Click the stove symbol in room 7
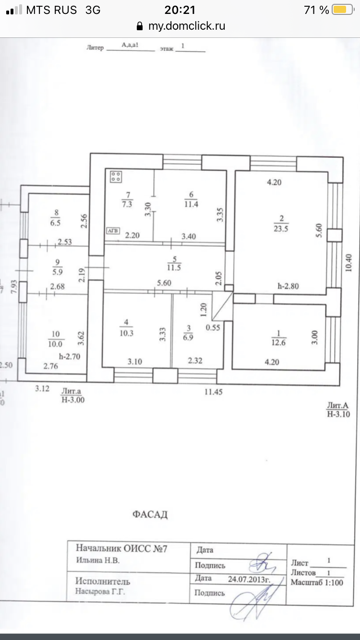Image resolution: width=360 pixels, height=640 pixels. tap(116, 177)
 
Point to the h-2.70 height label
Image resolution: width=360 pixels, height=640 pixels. tap(71, 357)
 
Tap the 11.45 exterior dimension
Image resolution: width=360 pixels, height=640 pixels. tap(215, 392)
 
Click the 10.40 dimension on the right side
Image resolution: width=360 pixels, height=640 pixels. tap(349, 262)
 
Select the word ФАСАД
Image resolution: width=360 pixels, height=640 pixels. tap(150, 515)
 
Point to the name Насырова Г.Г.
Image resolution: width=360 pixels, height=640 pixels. tap(100, 592)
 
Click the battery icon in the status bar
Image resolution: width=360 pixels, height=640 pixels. tap(342, 10)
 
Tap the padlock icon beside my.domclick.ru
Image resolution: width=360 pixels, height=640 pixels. tap(140, 26)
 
